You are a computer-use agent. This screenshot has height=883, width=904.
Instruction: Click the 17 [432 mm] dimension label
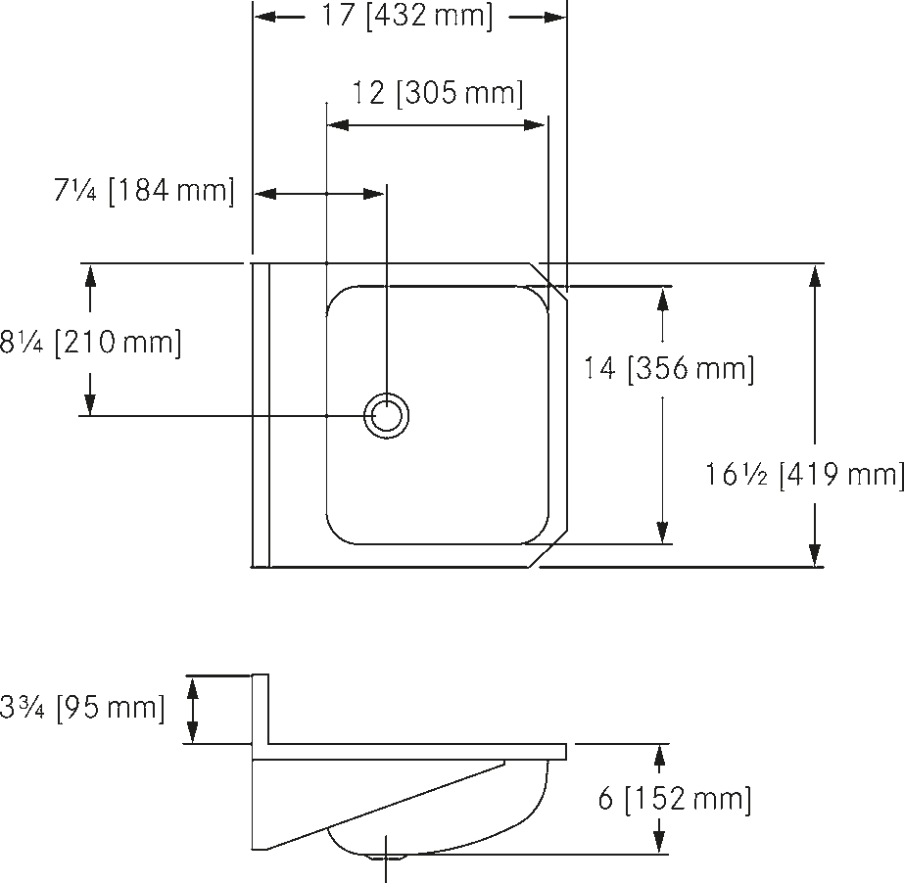(x=407, y=16)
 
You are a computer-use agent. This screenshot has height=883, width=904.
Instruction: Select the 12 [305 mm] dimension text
(x=438, y=93)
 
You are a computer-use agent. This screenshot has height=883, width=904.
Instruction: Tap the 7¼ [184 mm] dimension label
(x=144, y=190)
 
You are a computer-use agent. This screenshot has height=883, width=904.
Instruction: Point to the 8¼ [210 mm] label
(x=90, y=343)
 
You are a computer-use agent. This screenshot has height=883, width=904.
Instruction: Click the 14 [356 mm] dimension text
(x=669, y=368)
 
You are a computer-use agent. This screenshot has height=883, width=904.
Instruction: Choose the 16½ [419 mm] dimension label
(x=805, y=475)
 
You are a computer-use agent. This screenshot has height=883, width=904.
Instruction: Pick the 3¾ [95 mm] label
(x=82, y=707)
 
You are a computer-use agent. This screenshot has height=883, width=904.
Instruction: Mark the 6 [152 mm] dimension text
(x=675, y=800)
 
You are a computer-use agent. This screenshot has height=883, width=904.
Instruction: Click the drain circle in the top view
(x=386, y=416)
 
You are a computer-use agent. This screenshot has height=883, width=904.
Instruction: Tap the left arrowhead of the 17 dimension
(x=265, y=18)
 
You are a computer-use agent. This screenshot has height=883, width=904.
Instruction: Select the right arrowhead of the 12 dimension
(x=535, y=124)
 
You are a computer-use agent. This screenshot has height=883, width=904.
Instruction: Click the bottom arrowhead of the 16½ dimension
(x=814, y=555)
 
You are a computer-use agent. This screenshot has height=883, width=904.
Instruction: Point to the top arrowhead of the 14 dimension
(x=662, y=298)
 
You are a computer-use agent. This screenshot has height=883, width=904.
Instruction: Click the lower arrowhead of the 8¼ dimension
(x=89, y=403)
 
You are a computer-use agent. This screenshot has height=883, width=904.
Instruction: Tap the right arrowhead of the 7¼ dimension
(x=373, y=194)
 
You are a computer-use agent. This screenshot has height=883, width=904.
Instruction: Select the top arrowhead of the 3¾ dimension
(x=193, y=686)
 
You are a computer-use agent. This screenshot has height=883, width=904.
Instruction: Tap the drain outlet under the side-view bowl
(x=387, y=857)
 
